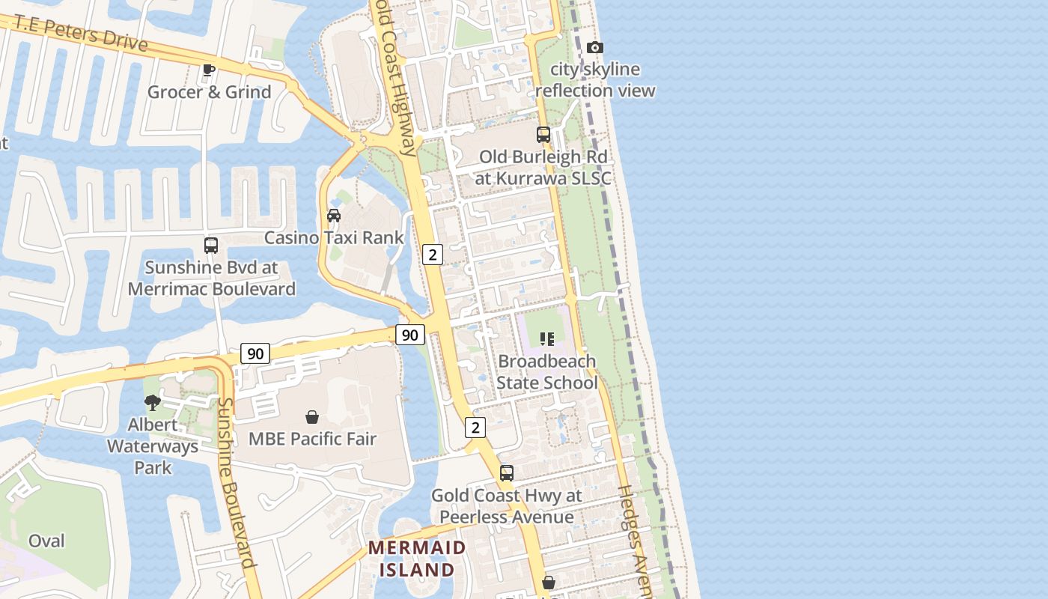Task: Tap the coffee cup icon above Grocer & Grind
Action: [x=209, y=70]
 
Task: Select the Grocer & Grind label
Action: [x=209, y=92]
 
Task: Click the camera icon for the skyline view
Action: [x=595, y=48]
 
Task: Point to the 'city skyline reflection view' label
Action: [x=595, y=80]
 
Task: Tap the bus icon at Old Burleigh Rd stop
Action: [x=543, y=135]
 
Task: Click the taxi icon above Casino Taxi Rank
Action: [x=334, y=216]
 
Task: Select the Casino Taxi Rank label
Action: [x=334, y=238]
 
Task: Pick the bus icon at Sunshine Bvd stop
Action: [x=211, y=245]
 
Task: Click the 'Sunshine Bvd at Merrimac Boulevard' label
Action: [x=211, y=278]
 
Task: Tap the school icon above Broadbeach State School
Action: [x=547, y=339]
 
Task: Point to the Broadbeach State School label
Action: [x=547, y=372]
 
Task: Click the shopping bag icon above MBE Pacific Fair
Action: [x=312, y=417]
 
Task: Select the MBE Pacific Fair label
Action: [x=312, y=439]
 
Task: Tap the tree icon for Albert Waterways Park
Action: [x=153, y=403]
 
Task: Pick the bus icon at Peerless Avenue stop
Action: [x=507, y=473]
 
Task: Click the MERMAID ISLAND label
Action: [x=417, y=559]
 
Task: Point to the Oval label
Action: [x=46, y=541]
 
